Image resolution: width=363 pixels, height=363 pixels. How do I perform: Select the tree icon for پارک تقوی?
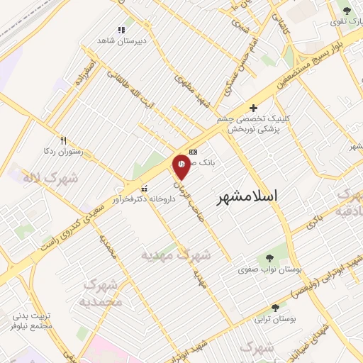tap(346, 11)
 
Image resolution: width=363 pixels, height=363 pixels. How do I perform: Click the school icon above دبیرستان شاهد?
tap(121, 30)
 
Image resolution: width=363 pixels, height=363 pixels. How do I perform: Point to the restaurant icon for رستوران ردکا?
tap(63, 140)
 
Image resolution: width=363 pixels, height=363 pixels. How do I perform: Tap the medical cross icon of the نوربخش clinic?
tap(253, 108)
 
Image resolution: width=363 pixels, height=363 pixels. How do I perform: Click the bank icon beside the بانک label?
tap(194, 152)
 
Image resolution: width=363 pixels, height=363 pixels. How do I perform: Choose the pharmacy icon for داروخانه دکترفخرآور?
tap(145, 189)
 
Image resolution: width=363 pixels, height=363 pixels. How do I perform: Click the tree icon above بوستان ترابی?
tap(275, 308)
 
